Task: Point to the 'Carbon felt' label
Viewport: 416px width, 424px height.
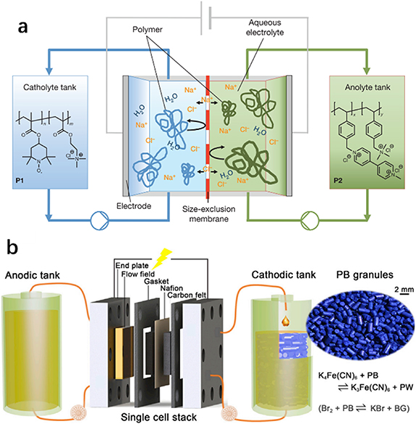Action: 201,295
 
